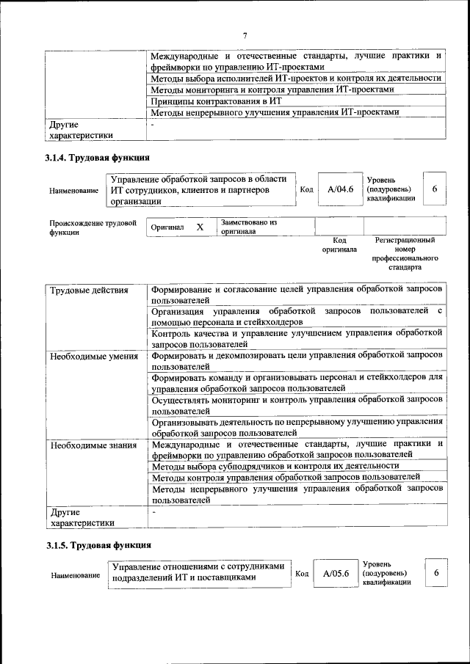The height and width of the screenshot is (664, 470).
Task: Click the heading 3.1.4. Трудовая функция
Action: (x=98, y=157)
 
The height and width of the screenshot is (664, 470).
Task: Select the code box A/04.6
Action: (x=341, y=189)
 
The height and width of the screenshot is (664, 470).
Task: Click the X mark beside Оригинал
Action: (x=200, y=227)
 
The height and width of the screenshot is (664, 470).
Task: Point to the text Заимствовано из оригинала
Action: (x=248, y=226)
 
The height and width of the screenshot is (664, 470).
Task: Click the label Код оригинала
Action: (x=339, y=244)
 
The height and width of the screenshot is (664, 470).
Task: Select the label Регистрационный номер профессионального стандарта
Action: (x=405, y=254)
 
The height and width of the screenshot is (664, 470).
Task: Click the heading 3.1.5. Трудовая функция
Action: (x=98, y=545)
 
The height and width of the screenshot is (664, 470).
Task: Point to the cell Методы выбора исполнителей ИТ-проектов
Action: (x=295, y=78)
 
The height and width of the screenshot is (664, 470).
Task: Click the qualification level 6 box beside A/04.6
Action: (x=435, y=189)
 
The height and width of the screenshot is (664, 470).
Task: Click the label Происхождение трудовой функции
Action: (x=93, y=227)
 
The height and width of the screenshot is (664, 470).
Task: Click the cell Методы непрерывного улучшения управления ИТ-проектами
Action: (x=275, y=113)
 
